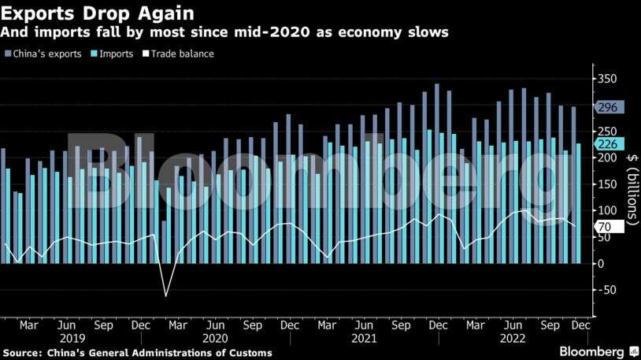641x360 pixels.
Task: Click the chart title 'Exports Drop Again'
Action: (98, 13)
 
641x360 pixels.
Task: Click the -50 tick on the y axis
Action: (607, 290)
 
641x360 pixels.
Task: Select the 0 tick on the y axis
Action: (601, 263)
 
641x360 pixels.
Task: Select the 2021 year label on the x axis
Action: (363, 337)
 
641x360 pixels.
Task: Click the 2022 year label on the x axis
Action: (512, 337)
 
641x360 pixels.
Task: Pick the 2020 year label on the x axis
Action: (215, 337)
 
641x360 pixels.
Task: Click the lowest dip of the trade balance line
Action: (165, 296)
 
